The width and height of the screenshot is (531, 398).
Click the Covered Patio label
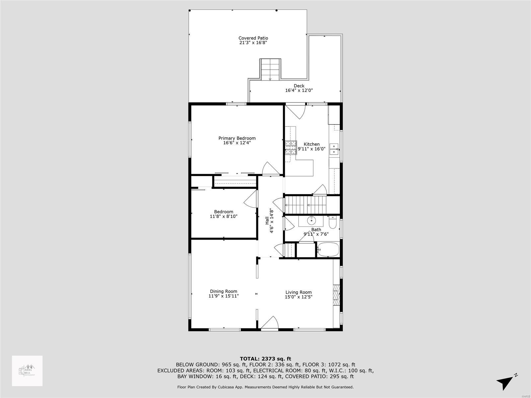click(x=253, y=38)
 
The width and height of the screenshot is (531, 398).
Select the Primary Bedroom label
click(x=237, y=138)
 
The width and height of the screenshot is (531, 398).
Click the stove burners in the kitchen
click(x=291, y=148)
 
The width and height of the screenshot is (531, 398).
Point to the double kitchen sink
click(x=334, y=149)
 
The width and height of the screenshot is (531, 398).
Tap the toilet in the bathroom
click(x=332, y=221)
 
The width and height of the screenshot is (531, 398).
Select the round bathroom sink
click(x=312, y=220)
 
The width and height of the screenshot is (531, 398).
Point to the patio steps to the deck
click(x=270, y=69)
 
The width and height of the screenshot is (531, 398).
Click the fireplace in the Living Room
click(x=337, y=295)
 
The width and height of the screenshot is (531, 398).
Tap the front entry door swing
click(x=270, y=323)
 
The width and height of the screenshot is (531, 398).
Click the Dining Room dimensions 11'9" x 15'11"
click(x=224, y=296)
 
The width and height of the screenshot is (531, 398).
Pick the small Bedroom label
click(x=224, y=212)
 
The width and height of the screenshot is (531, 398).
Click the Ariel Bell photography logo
click(x=27, y=371)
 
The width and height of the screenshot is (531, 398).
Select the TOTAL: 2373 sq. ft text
click(x=265, y=359)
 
